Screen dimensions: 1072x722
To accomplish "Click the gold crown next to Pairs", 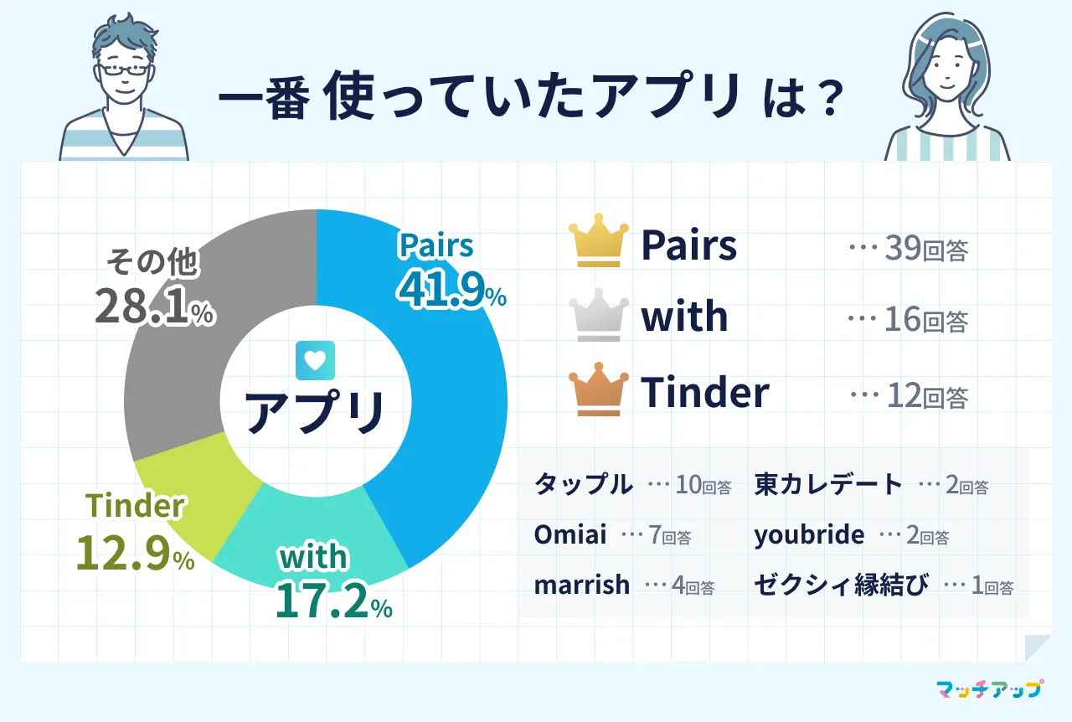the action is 599,240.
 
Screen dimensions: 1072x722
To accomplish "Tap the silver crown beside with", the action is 599,315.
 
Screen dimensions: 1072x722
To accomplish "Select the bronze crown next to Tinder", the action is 599,389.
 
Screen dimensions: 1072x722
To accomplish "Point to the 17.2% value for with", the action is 334,601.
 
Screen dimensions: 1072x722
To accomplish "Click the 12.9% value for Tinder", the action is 136,553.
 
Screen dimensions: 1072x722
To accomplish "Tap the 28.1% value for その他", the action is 155,307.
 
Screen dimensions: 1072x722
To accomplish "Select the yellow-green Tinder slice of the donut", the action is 192,483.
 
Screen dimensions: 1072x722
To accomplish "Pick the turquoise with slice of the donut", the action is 307,531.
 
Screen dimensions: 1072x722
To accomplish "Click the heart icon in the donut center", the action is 316,360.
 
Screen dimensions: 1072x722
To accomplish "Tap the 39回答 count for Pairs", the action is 926,249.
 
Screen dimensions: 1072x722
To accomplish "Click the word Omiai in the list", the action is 570,534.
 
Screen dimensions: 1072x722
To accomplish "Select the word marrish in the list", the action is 581,585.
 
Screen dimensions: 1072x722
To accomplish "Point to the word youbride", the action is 809,535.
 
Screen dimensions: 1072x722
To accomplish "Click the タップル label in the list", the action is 584,484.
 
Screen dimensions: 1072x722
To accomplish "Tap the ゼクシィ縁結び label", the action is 842,585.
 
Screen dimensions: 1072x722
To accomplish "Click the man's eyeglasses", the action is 123,70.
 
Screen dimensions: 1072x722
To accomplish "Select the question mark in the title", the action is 830,99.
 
